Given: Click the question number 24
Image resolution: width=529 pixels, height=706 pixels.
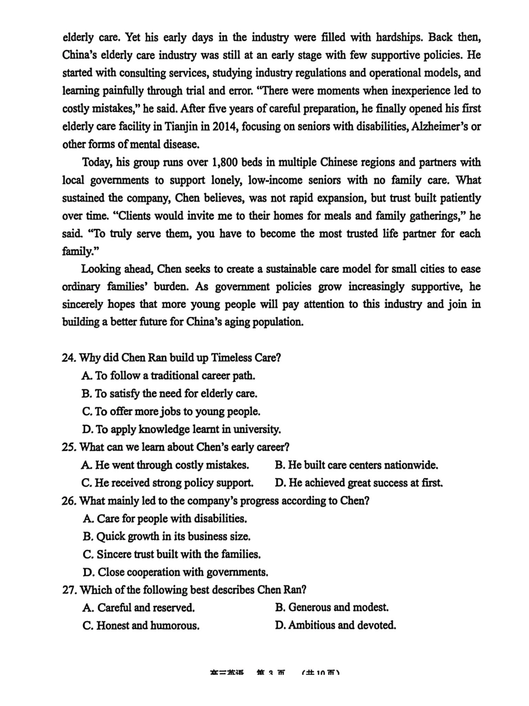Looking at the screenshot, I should (x=69, y=358).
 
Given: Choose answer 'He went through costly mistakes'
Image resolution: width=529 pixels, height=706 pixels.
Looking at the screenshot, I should (x=165, y=465).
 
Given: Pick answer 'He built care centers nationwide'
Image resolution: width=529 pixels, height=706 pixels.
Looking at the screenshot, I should (x=356, y=465).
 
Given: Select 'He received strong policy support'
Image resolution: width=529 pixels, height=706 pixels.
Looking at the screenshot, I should (x=168, y=483).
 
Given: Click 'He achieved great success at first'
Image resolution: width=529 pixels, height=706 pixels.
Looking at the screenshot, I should (x=359, y=483).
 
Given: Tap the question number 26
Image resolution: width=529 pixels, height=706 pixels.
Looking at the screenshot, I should (x=69, y=500).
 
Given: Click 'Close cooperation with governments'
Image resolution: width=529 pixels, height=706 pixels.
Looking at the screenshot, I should (x=175, y=572).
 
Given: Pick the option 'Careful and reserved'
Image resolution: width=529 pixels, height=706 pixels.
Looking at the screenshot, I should (x=139, y=607).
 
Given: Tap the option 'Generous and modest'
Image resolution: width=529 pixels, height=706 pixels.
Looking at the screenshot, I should (x=332, y=607).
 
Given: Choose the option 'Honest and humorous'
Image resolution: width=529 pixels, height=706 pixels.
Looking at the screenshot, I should (x=141, y=625).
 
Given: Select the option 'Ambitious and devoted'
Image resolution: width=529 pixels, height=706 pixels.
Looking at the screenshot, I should (x=336, y=625).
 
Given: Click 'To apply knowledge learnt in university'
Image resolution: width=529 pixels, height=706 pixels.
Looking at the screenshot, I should (x=181, y=429).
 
